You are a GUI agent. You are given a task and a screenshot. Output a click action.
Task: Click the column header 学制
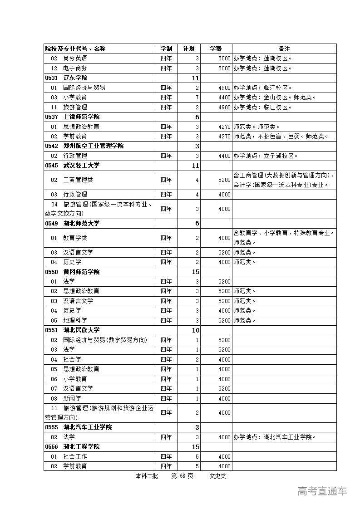pyautogui.click(x=166, y=49)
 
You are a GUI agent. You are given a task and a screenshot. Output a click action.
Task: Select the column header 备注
pyautogui.click(x=284, y=49)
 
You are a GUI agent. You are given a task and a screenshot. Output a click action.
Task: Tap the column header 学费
pyautogui.click(x=216, y=49)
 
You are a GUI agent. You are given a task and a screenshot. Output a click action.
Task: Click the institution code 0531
pyautogui.click(x=51, y=78)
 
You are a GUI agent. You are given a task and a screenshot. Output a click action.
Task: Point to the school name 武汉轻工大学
pyautogui.click(x=81, y=166)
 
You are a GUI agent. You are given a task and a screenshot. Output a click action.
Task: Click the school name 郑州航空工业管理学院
pyautogui.click(x=93, y=146)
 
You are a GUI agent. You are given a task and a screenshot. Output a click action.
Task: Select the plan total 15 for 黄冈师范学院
pyautogui.click(x=195, y=272)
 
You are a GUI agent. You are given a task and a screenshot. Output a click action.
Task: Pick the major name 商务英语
pyautogui.click(x=75, y=59)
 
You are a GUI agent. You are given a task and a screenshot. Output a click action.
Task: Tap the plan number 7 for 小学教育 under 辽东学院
pyautogui.click(x=197, y=98)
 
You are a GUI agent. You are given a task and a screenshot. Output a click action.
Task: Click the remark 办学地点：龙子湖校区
pyautogui.click(x=266, y=156)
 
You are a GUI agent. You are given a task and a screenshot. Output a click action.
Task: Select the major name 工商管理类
pyautogui.click(x=78, y=180)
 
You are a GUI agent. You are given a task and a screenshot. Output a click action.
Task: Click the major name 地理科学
pyautogui.click(x=75, y=320)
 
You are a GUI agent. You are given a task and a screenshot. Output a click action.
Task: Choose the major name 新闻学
pyautogui.click(x=72, y=398)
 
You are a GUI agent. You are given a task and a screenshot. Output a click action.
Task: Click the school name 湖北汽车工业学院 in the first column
pyautogui.click(x=87, y=427)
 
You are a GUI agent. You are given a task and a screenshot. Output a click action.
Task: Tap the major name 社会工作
pyautogui.click(x=75, y=456)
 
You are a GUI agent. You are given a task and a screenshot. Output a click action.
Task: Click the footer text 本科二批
pyautogui.click(x=146, y=476)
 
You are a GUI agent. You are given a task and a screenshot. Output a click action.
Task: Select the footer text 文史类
pyautogui.click(x=217, y=476)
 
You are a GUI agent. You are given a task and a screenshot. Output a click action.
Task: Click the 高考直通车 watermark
pyautogui.click(x=322, y=491)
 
